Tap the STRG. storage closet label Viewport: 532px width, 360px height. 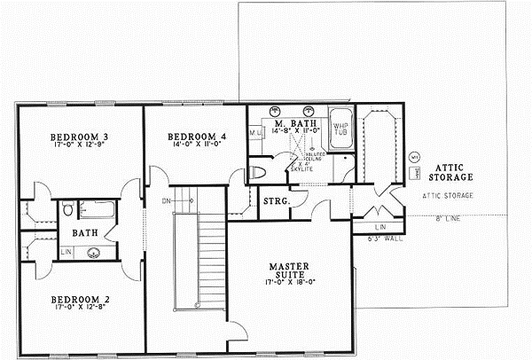tap(274, 202)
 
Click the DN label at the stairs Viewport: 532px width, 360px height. tap(167, 200)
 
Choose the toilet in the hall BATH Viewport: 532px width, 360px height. tap(68, 209)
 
